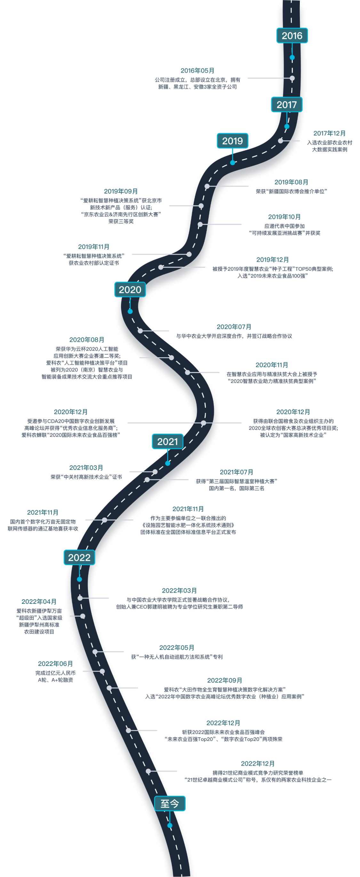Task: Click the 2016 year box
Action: pyautogui.click(x=292, y=36)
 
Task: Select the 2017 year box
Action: pyautogui.click(x=287, y=105)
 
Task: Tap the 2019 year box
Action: pyautogui.click(x=233, y=141)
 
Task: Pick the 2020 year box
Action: pyautogui.click(x=130, y=290)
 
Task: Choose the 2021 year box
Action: pyautogui.click(x=167, y=442)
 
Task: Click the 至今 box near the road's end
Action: pyautogui.click(x=170, y=804)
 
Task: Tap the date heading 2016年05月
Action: pyautogui.click(x=197, y=71)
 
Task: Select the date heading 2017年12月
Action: pyautogui.click(x=329, y=133)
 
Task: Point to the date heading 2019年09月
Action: pyautogui.click(x=121, y=191)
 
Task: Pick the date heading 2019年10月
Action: pyautogui.click(x=284, y=217)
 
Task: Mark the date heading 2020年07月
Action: pyautogui.click(x=234, y=327)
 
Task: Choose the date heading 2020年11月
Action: pyautogui.click(x=272, y=365)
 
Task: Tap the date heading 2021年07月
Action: pyautogui.click(x=236, y=472)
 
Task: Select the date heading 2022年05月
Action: pyautogui.click(x=177, y=648)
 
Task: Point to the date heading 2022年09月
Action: pyautogui.click(x=224, y=680)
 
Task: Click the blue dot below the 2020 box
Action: pyautogui.click(x=130, y=312)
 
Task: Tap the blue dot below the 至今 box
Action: pyautogui.click(x=170, y=826)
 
